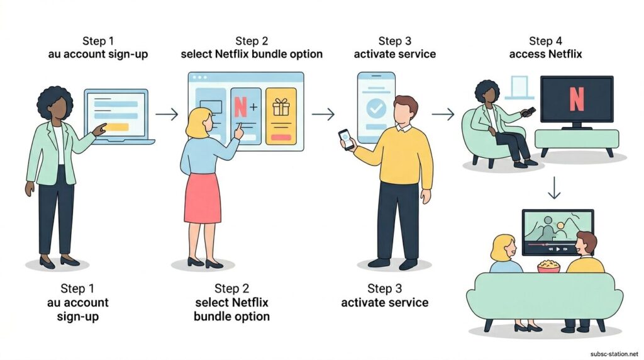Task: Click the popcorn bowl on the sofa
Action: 548,266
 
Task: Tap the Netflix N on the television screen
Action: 576,99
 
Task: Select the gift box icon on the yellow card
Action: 280,108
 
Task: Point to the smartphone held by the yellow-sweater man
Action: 345,138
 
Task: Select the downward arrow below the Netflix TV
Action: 553,187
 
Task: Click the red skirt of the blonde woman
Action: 202,197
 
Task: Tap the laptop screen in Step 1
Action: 117,114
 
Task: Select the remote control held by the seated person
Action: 530,111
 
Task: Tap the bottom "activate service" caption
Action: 385,303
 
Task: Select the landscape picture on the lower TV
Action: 557,230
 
